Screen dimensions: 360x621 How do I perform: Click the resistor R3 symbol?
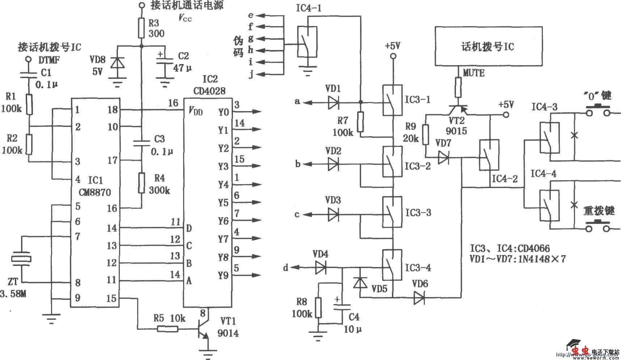click(141, 28)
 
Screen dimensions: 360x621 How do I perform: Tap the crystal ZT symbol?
click(21, 259)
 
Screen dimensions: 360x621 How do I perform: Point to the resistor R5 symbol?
click(167, 329)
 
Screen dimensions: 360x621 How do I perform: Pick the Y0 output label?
click(224, 112)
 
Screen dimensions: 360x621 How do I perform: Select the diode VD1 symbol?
click(333, 102)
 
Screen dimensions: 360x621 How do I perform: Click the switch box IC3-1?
click(392, 100)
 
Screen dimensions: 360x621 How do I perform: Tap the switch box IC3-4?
click(392, 264)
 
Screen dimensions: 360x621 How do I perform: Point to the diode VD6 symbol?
click(420, 298)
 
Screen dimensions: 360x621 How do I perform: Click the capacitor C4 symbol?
click(342, 307)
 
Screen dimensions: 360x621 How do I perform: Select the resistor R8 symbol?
click(318, 308)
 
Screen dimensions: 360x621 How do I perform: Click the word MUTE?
click(473, 73)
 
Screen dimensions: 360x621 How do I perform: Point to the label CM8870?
click(95, 192)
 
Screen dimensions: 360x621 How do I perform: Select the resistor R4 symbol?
click(141, 183)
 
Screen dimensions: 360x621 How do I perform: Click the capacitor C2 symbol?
click(165, 67)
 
